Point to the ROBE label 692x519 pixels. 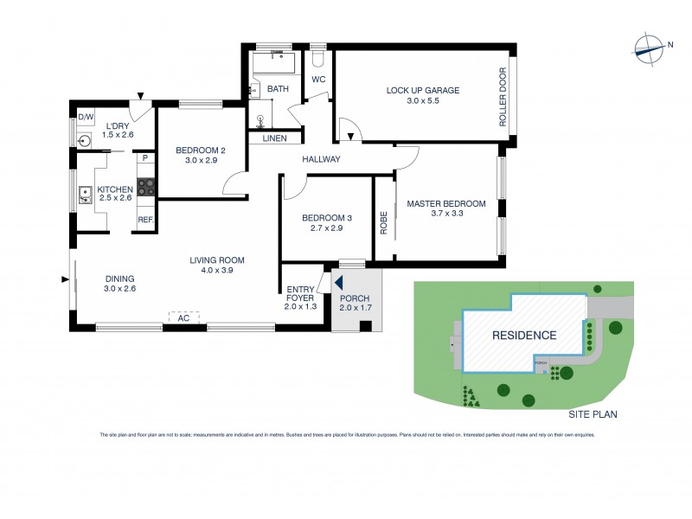point(383,222)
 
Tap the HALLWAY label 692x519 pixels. point(321,159)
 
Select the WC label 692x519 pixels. point(317,80)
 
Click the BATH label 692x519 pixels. point(278,88)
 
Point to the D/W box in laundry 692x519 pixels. point(86,116)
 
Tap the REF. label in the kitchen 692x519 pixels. point(145,220)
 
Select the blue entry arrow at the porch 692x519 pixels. point(340,282)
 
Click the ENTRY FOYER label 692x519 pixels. point(302,298)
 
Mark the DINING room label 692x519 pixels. point(119,284)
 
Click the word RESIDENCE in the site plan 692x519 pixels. point(524,335)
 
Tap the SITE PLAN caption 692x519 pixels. point(592,415)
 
